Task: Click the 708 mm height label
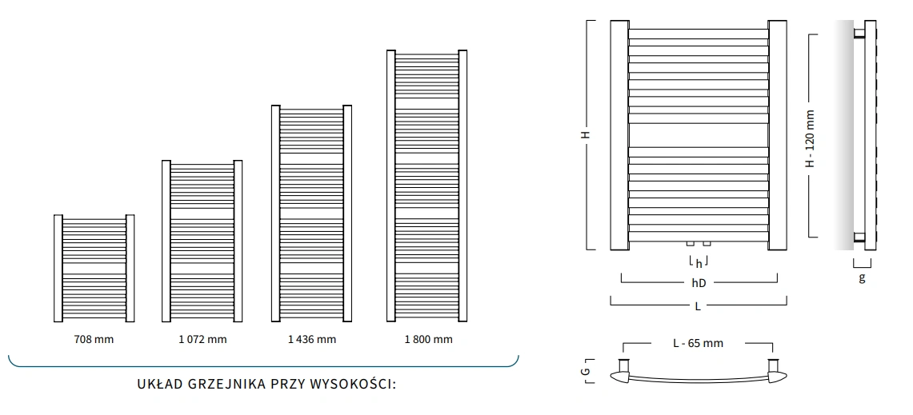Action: (94, 339)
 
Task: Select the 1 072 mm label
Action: (202, 339)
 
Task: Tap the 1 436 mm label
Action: (312, 339)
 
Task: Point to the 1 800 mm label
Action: (428, 339)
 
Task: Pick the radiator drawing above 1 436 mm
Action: (312, 213)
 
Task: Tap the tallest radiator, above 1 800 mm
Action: (426, 186)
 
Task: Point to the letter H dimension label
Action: (586, 135)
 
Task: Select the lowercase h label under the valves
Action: (699, 263)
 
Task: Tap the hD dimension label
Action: (699, 282)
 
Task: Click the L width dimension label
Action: (698, 305)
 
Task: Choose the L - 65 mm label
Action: (698, 343)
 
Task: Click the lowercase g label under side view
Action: (862, 278)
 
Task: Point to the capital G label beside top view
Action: (586, 372)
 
